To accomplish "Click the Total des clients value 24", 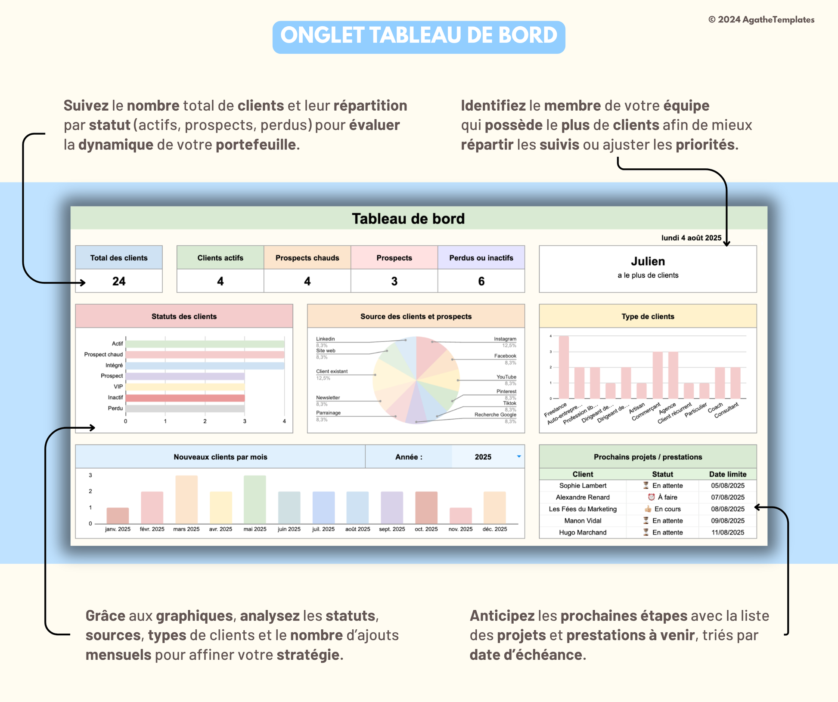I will point(119,281).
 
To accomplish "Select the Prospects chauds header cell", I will point(307,258).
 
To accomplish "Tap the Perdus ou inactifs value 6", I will point(481,281).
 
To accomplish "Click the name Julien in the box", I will point(648,261).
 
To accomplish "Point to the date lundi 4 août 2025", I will point(691,238).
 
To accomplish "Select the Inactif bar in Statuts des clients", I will point(185,398).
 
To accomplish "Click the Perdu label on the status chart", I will point(115,408).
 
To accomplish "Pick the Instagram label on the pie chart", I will point(505,339).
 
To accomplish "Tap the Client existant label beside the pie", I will point(332,371).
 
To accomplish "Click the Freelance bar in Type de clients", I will point(563,367).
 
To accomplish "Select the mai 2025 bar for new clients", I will point(255,499).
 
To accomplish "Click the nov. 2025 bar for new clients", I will point(460,516).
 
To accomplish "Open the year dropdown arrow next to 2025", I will point(519,457).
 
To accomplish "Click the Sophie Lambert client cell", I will point(583,486).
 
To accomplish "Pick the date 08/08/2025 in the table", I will point(727,509).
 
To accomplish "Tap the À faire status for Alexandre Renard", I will point(667,497).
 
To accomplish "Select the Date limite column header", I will point(727,474).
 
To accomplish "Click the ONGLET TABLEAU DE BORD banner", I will point(419,36).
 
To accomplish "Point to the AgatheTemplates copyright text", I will point(761,20).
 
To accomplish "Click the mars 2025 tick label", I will point(186,529).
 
